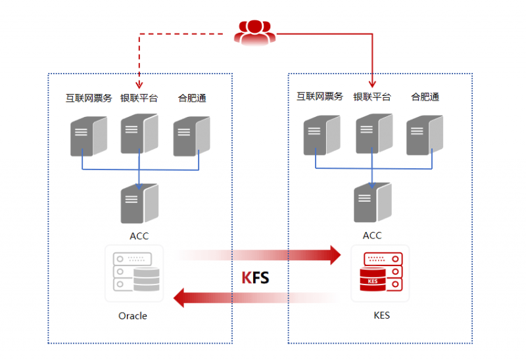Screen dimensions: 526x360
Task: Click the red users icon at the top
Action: coord(255,32)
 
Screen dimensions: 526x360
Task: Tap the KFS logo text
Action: coord(255,277)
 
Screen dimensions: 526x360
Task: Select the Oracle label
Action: coord(133,316)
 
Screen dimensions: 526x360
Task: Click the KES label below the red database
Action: coord(382,315)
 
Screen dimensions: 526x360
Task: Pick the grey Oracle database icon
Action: coord(136,272)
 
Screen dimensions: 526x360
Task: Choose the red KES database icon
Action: coord(381,272)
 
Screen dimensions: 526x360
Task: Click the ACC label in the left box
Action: coord(139,236)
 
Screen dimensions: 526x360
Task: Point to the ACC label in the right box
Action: coord(372,235)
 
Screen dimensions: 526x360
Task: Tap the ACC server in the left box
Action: coord(139,203)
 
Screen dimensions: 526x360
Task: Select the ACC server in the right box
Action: coord(373,202)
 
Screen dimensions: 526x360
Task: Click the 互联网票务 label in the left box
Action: coord(89,98)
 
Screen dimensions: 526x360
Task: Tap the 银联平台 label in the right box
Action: coord(372,97)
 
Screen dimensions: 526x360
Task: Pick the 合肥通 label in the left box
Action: coord(192,98)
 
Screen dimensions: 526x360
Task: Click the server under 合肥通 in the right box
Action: coord(425,135)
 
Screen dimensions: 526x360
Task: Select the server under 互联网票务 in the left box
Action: coord(89,136)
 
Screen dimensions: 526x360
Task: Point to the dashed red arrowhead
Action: coord(139,85)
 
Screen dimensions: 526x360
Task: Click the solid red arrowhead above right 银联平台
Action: coord(372,83)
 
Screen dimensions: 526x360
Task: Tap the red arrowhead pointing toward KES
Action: coord(335,255)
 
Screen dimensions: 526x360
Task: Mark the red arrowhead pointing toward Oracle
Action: coord(179,298)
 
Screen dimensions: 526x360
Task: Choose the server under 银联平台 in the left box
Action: coord(139,133)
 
